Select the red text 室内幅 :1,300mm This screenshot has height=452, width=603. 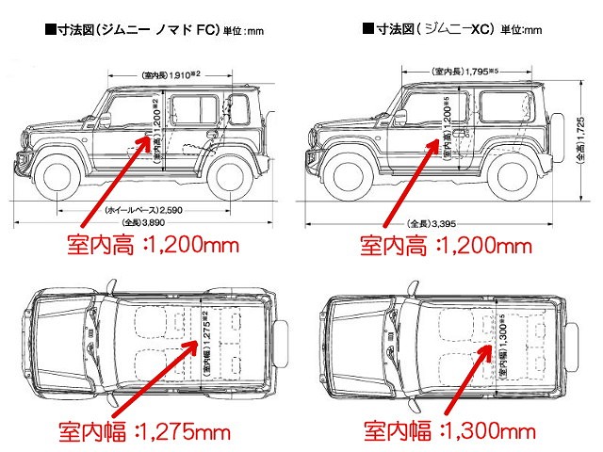[444, 431]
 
